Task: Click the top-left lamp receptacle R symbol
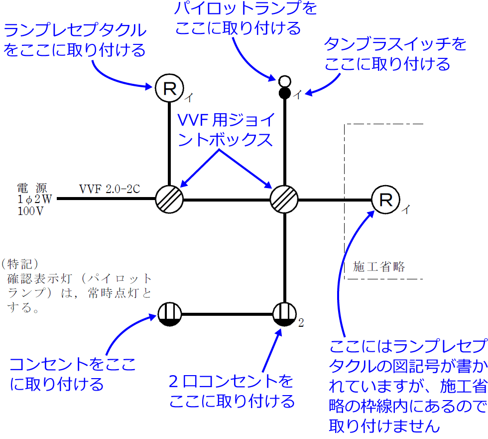click(x=169, y=89)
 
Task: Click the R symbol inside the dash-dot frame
click(x=386, y=200)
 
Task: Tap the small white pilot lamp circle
click(x=284, y=81)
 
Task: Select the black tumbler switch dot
click(x=284, y=93)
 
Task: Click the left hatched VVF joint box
click(x=169, y=200)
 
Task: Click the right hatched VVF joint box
click(x=284, y=200)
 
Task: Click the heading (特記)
click(x=20, y=262)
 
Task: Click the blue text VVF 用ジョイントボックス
click(x=226, y=130)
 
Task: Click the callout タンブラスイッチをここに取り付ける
click(x=395, y=54)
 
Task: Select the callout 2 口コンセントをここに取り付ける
click(x=232, y=391)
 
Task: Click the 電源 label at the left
click(x=31, y=189)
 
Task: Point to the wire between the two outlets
click(x=227, y=315)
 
